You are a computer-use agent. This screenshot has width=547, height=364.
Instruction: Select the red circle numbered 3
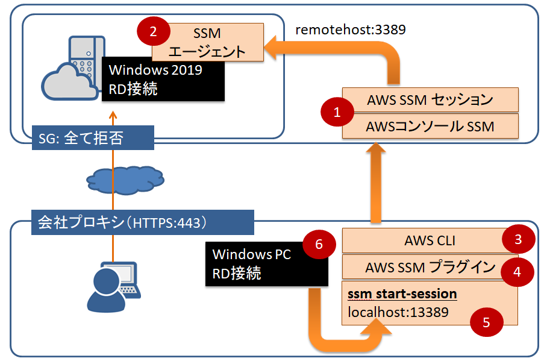click(x=518, y=240)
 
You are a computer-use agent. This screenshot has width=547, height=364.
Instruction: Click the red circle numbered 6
click(x=319, y=245)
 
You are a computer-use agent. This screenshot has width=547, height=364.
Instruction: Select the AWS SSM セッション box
click(x=430, y=99)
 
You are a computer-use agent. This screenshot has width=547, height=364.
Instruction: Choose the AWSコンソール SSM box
click(x=430, y=126)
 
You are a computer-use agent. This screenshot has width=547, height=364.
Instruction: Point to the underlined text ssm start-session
click(x=402, y=295)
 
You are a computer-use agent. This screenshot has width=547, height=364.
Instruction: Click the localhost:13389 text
click(x=398, y=312)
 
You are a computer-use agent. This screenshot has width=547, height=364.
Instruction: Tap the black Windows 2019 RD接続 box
click(x=163, y=79)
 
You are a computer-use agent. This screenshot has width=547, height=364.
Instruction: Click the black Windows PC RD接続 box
click(x=267, y=263)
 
